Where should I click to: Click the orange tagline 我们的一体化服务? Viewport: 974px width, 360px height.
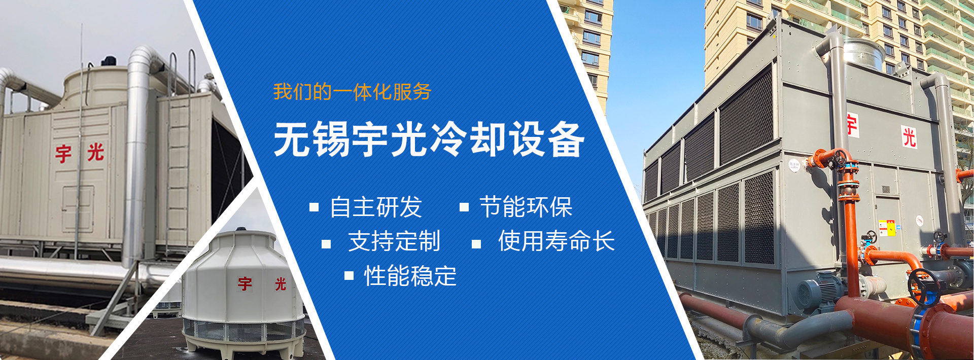pos(352,92)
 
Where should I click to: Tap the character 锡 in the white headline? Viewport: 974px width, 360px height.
pos(332,139)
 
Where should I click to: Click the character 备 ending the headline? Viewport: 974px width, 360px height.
pos(566,139)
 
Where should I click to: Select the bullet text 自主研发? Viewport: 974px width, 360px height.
pos(376,207)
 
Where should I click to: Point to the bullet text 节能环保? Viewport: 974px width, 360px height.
pos(526,207)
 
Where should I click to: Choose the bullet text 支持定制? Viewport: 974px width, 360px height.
pos(394,241)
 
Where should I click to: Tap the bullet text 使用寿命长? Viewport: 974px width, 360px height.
pos(556,241)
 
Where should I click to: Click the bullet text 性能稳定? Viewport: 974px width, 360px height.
pos(410,276)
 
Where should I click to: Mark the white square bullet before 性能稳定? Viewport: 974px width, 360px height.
pos(349,275)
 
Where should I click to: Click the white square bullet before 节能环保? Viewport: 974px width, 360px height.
pos(464,207)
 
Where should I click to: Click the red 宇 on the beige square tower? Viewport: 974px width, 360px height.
pos(63,154)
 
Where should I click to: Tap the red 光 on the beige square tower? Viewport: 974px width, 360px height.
pos(95,152)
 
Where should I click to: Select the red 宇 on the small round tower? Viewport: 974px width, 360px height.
pos(245,284)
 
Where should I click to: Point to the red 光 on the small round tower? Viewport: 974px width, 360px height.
pos(281,284)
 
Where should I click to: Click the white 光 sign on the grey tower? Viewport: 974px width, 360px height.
pos(909,137)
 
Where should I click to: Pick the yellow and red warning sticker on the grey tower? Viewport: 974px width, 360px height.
pos(887,228)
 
